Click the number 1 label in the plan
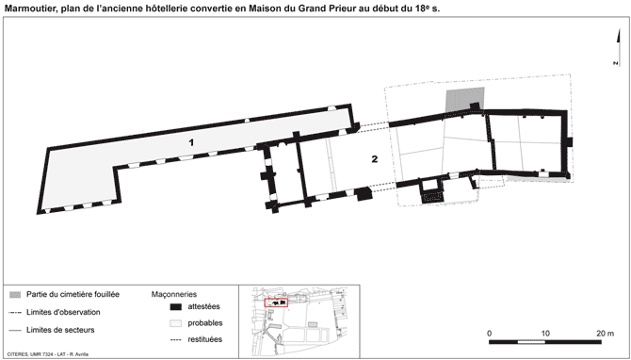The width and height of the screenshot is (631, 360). [x=191, y=142]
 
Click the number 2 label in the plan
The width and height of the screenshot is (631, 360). [x=375, y=159]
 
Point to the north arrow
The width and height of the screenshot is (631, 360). [x=618, y=47]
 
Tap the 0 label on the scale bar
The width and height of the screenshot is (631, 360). [x=489, y=334]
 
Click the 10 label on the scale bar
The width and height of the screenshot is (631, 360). [x=545, y=334]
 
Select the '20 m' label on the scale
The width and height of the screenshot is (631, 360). [x=606, y=334]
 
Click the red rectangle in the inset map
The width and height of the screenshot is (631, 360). [x=276, y=303]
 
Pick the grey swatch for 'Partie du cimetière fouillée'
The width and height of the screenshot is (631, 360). [x=15, y=295]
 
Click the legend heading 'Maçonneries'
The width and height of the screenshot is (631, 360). [x=174, y=294]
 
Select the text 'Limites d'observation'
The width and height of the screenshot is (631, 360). [x=63, y=312]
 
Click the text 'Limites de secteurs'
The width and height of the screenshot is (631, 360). [x=60, y=330]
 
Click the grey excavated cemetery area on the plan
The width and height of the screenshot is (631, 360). [x=463, y=99]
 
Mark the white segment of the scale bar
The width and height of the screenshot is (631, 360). [x=531, y=342]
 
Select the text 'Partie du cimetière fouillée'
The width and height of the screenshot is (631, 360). [x=73, y=294]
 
